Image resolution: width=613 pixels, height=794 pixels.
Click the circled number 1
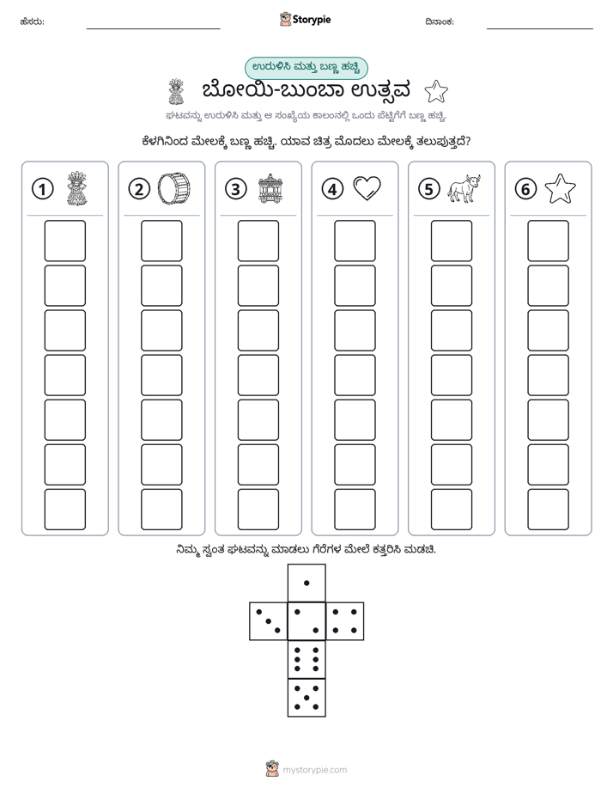42,189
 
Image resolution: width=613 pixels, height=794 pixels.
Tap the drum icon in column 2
174,188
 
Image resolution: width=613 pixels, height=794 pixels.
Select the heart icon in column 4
367,188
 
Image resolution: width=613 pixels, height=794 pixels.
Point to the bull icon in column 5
464,188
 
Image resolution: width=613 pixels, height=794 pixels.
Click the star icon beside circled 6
561,189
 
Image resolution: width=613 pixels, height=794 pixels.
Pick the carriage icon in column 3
270,189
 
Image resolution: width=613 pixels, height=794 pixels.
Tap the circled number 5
429,189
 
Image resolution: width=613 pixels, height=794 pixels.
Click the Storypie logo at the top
305,20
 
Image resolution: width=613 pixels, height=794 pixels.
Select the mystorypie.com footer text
314,770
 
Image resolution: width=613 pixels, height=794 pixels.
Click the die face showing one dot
306,583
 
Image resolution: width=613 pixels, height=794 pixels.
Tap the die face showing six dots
306,659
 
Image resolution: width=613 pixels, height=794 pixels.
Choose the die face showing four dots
345,620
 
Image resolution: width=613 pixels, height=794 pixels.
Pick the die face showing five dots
306,697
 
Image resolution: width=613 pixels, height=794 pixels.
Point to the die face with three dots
269,620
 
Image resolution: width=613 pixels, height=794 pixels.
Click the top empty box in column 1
64,241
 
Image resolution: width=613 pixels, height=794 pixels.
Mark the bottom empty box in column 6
548,510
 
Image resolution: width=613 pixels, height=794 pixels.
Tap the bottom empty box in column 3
258,510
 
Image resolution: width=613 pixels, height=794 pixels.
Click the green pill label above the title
306,67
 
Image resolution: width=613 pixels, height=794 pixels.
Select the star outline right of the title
436,92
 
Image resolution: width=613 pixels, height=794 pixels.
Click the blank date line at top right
540,28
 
